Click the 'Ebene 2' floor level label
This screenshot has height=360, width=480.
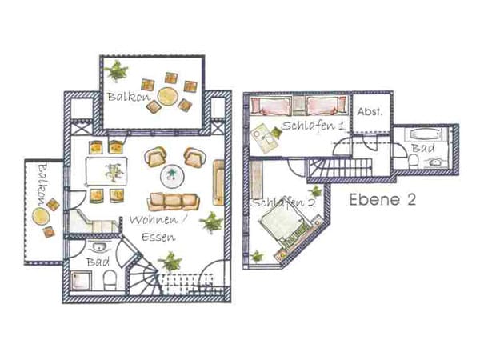[382, 199]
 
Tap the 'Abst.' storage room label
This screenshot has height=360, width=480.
[370, 112]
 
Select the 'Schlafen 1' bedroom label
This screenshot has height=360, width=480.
[313, 126]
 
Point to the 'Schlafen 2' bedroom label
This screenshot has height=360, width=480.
[283, 202]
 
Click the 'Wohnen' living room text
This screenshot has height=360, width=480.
[154, 220]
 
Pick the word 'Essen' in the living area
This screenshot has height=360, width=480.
[158, 237]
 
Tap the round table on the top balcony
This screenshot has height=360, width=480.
[168, 96]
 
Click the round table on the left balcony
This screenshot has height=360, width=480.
[41, 217]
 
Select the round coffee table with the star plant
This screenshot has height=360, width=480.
[171, 177]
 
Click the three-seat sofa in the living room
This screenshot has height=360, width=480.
[174, 202]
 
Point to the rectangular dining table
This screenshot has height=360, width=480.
[106, 171]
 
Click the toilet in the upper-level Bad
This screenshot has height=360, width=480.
[414, 162]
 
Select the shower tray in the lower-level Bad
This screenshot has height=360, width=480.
[81, 280]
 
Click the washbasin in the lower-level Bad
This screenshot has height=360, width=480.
[98, 246]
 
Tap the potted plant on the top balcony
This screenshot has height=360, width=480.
[116, 70]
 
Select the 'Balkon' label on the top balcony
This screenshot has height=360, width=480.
[129, 97]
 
